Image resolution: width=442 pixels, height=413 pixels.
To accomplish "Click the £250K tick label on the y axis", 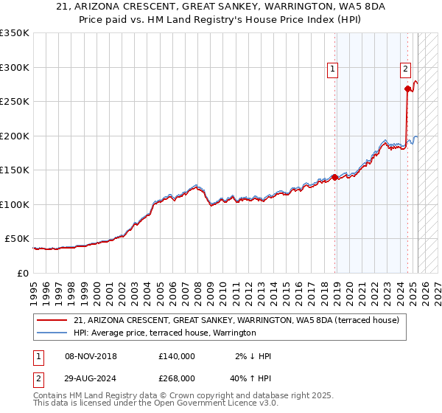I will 15,102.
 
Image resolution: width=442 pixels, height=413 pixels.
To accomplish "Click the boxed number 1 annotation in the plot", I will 333,70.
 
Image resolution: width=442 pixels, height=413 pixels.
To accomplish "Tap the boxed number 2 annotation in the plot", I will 405,70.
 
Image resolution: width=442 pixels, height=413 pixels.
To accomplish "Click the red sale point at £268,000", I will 407,89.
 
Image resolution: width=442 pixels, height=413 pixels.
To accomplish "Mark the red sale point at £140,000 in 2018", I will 334,177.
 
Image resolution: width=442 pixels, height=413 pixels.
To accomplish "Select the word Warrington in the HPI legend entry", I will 234,333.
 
